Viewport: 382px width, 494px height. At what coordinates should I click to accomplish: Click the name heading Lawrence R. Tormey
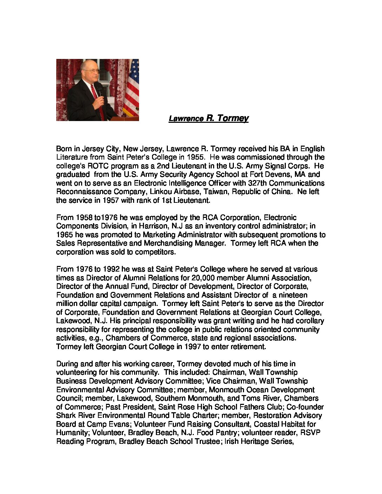209,118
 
